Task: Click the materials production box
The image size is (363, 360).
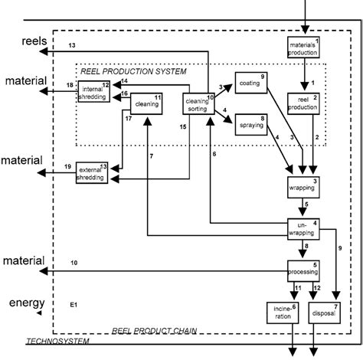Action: (305, 48)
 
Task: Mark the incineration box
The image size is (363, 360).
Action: (279, 313)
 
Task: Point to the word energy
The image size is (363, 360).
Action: (21, 303)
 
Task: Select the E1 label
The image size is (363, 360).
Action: (74, 305)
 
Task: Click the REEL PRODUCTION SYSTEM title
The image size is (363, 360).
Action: (133, 71)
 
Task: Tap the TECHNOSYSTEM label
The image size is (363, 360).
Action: (57, 341)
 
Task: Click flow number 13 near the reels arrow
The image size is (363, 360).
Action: (73, 47)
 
